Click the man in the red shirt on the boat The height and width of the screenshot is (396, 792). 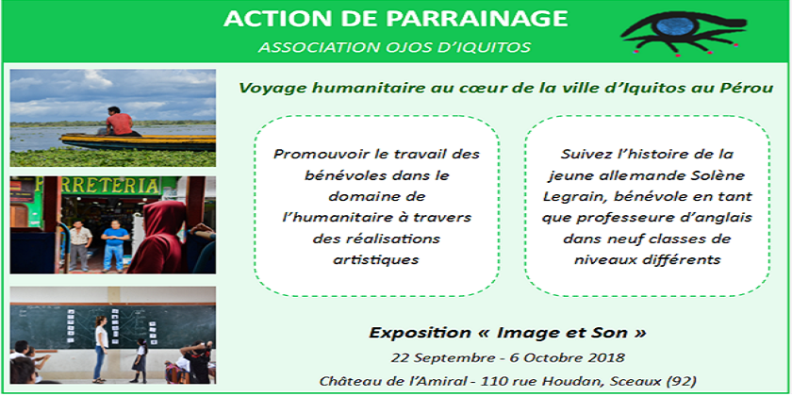click(x=119, y=122)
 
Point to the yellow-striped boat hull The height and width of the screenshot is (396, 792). click(x=138, y=142)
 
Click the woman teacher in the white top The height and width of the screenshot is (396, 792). click(x=101, y=348)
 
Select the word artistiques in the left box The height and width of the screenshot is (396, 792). click(x=376, y=259)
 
